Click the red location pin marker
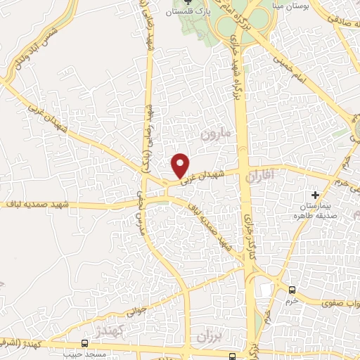(x=181, y=165)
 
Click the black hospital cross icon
(x=315, y=193)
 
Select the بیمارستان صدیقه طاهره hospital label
(x=315, y=210)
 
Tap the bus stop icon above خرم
(x=292, y=290)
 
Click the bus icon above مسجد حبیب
(x=84, y=344)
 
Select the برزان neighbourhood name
(x=209, y=334)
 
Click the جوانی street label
(x=137, y=307)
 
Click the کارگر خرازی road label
(x=247, y=239)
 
